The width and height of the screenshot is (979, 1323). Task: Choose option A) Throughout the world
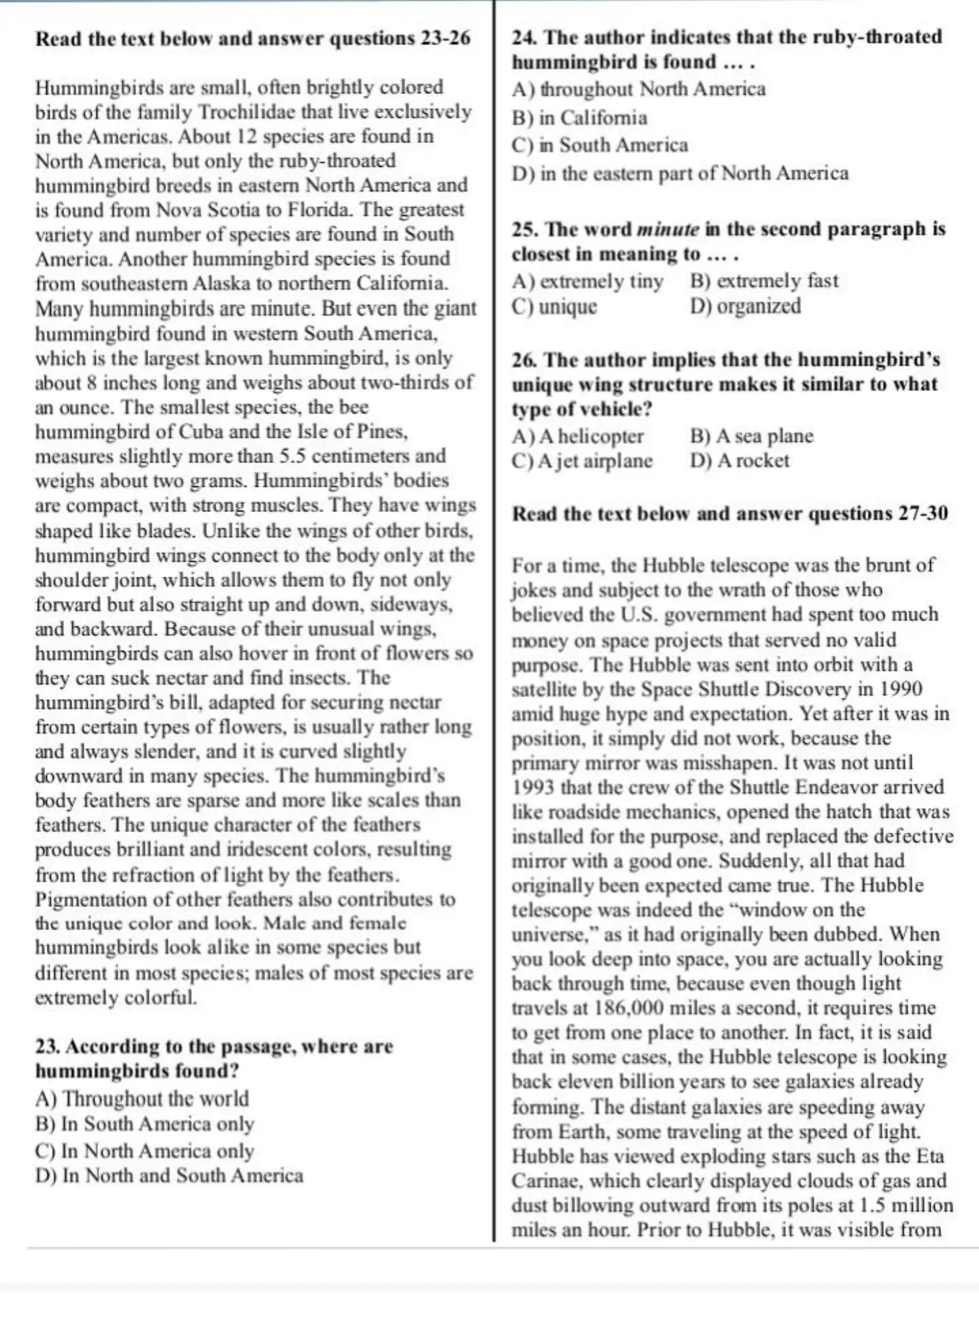142,1099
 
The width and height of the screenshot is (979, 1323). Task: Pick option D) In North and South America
169,1175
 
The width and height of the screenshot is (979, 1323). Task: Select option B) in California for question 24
580,118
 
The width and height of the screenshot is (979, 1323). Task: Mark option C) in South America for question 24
600,145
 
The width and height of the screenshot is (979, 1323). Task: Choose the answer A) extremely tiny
588,281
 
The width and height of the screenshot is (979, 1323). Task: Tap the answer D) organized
746,306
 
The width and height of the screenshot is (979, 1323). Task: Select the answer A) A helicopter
578,436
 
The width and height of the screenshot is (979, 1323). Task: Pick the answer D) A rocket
740,460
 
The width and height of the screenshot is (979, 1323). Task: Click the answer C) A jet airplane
582,460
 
